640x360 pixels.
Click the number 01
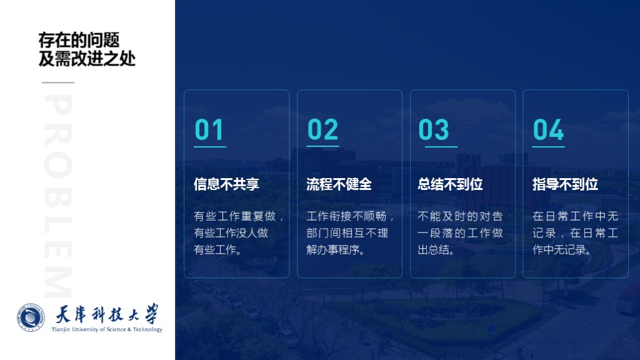tap(209, 129)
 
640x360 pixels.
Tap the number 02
tap(322, 129)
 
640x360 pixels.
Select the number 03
tap(434, 129)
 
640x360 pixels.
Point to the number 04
tap(548, 129)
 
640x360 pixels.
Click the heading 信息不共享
tap(226, 184)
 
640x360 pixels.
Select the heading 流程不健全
tap(339, 184)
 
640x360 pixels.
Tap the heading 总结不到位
tap(450, 184)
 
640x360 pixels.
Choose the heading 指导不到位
tap(565, 184)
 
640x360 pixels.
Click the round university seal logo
tap(31, 317)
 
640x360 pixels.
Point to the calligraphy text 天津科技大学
tap(107, 314)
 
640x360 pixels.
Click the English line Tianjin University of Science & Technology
tap(107, 329)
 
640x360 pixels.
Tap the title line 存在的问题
tap(79, 41)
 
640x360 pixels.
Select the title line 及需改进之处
tap(87, 59)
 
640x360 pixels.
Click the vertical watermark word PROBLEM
tap(58, 196)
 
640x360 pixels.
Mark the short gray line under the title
tap(58, 82)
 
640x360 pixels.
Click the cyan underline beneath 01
tap(210, 146)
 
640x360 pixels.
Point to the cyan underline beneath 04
tap(548, 146)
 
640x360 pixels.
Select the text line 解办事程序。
tap(335, 249)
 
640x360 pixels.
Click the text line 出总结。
tap(436, 249)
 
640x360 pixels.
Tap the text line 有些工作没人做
tap(231, 232)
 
